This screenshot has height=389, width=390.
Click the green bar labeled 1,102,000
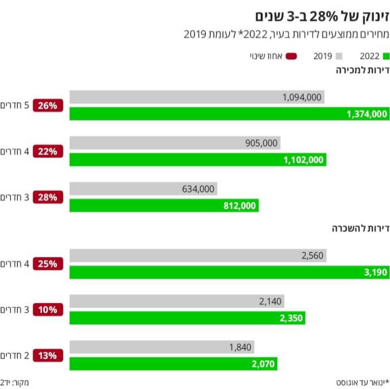coord(198,160)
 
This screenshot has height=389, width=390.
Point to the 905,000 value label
coord(261,143)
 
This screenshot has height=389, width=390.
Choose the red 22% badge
coord(48,151)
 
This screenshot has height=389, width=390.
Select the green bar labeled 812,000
coord(164,206)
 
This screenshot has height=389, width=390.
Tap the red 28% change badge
coord(48,197)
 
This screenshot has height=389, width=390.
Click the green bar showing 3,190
coord(229,272)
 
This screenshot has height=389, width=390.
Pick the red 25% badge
coord(48,264)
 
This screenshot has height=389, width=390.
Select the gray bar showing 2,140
coord(177,301)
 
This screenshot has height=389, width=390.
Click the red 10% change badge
coord(48,309)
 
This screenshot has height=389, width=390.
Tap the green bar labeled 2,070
coord(173,364)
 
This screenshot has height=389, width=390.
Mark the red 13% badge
coord(48,355)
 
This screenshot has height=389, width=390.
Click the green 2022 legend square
coord(386,56)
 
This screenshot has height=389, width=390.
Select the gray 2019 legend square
coord(340,56)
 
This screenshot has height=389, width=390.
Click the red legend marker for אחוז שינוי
coord(291,56)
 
